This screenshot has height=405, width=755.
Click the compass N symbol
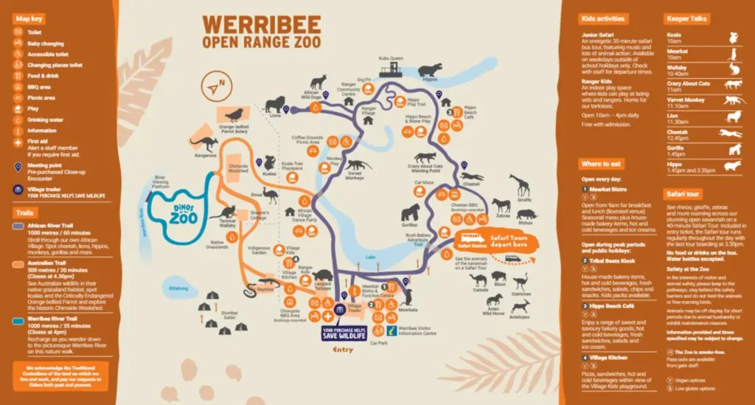coord(215,86)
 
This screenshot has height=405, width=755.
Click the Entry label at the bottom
coord(343,349)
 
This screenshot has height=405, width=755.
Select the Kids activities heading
coord(603,18)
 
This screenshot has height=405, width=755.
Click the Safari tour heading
coord(683,194)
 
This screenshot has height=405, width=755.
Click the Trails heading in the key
coord(26,213)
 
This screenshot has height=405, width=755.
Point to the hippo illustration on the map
coord(429,69)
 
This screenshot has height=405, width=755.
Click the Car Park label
coord(378,344)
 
